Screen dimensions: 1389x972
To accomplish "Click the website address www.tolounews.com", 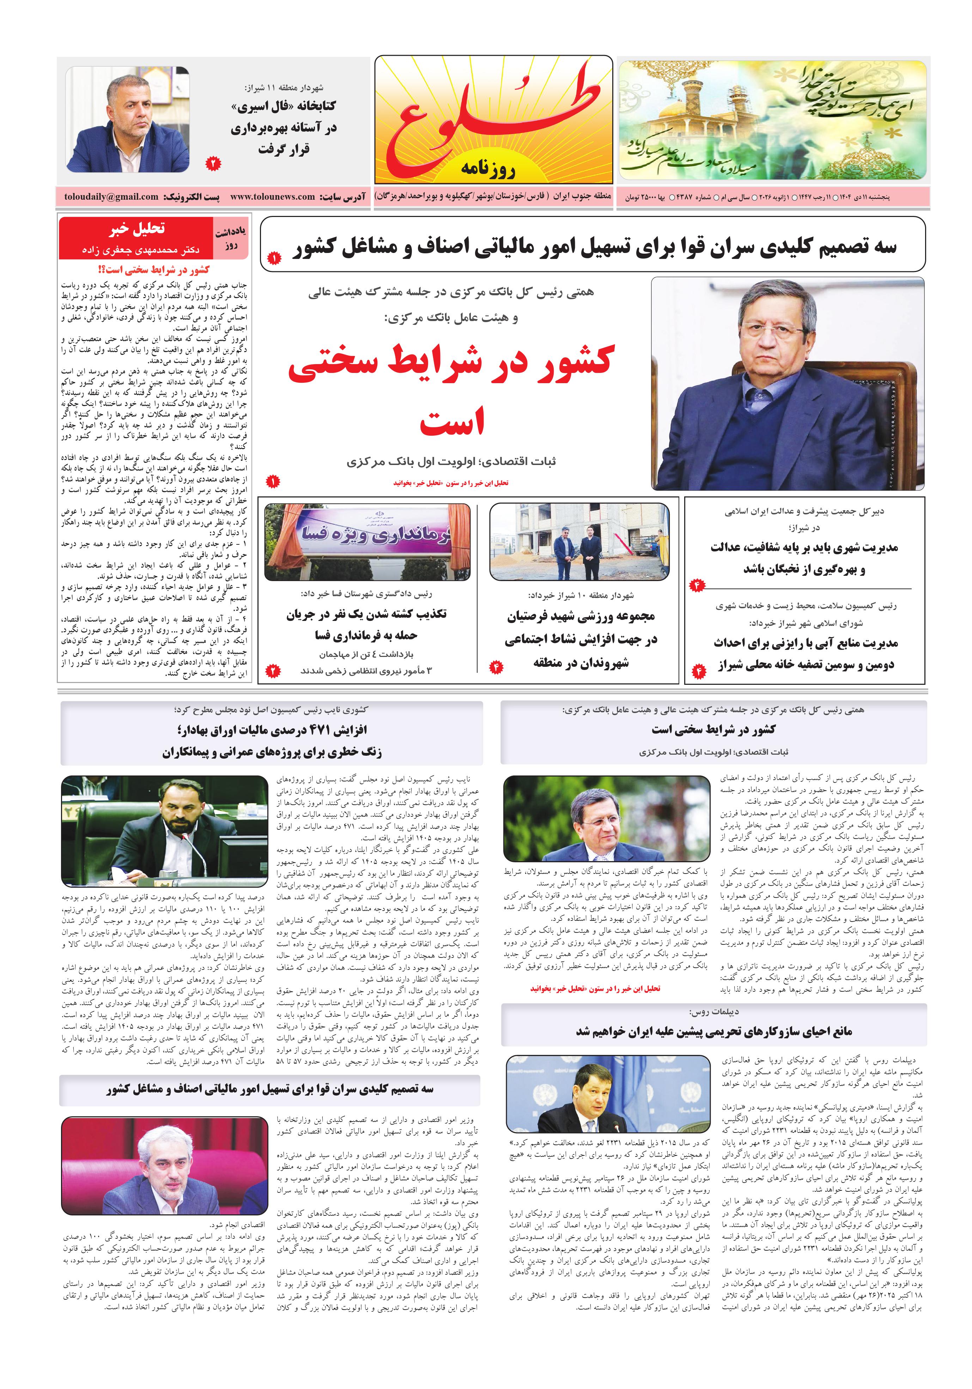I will (x=272, y=197).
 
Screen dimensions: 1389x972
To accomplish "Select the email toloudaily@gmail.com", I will (x=111, y=197).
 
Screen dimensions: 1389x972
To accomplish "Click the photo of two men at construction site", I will (x=579, y=542).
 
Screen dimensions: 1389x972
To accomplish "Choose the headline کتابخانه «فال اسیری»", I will (x=283, y=107).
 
